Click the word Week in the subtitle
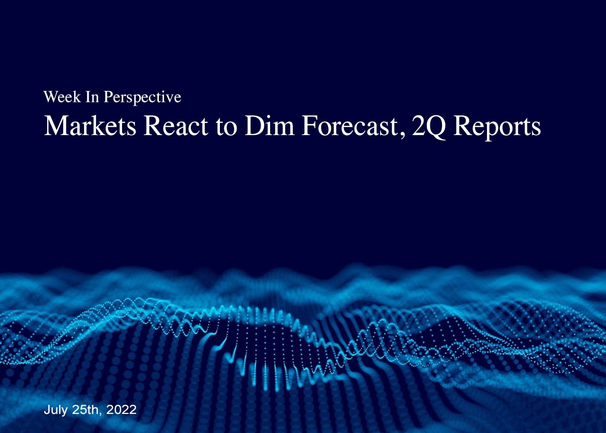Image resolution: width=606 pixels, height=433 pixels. coord(62,97)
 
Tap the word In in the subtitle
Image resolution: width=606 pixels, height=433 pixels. coord(92,97)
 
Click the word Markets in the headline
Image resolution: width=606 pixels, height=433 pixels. coord(90,126)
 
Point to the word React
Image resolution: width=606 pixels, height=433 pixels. coord(176,126)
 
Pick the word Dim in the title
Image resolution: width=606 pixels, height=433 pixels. coord(269,126)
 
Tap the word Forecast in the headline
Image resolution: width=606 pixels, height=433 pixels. coord(349,126)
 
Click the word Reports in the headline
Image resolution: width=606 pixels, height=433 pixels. coord(497,128)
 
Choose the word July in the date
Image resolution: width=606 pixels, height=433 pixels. coord(55,410)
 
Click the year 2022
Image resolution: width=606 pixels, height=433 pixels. coord(122,410)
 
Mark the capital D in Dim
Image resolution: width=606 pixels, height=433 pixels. coord(255,126)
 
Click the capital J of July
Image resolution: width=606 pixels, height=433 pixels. coord(47,410)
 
